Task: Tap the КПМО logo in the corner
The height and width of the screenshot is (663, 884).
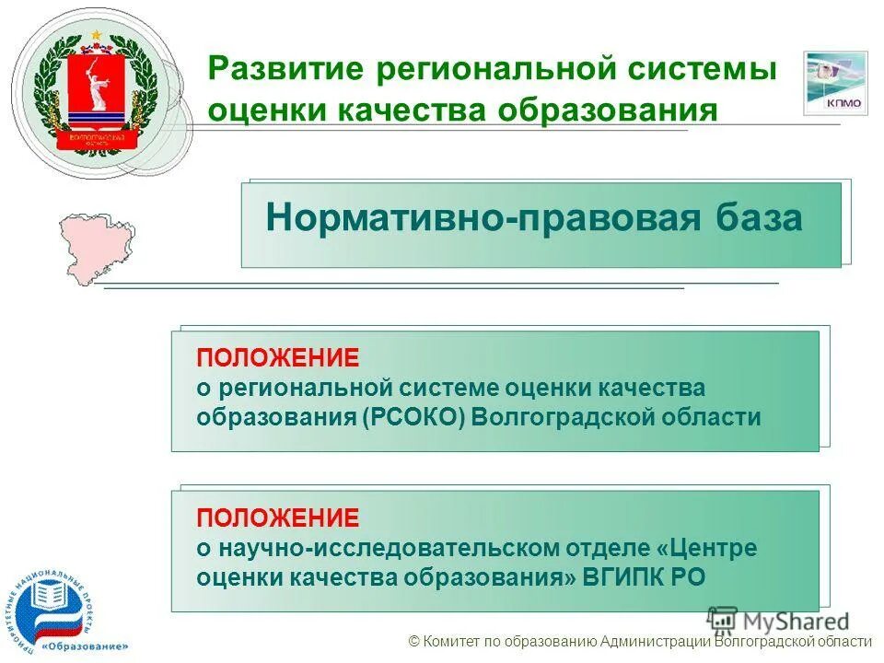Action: coord(834,83)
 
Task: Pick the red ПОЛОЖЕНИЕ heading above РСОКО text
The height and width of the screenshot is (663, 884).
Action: coord(277,356)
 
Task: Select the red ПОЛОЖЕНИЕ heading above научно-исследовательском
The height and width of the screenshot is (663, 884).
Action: coord(277,517)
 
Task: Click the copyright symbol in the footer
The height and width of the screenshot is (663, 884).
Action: coord(413,643)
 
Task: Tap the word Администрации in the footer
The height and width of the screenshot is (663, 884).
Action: coord(655,643)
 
